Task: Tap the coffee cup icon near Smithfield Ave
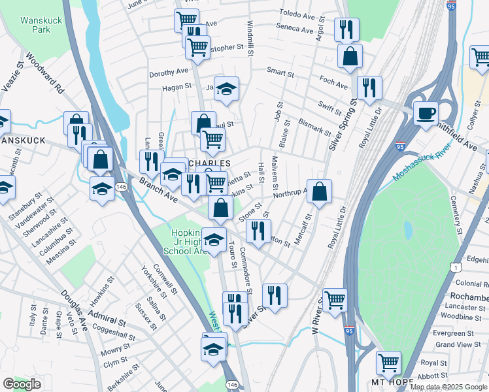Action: tap(426, 112)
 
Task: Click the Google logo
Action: tap(22, 384)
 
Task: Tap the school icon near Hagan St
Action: tap(226, 89)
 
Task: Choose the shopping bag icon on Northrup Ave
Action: tap(319, 191)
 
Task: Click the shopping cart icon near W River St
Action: tap(335, 300)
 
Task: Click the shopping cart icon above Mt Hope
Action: tap(389, 361)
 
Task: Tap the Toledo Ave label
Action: tap(297, 13)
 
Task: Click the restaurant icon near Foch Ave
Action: tap(369, 88)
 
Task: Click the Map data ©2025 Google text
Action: tap(448, 387)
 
